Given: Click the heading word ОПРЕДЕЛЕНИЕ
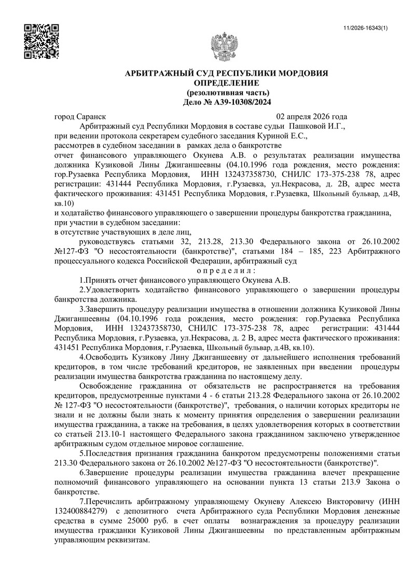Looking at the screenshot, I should [226, 83].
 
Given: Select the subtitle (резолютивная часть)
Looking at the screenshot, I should [227, 92].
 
